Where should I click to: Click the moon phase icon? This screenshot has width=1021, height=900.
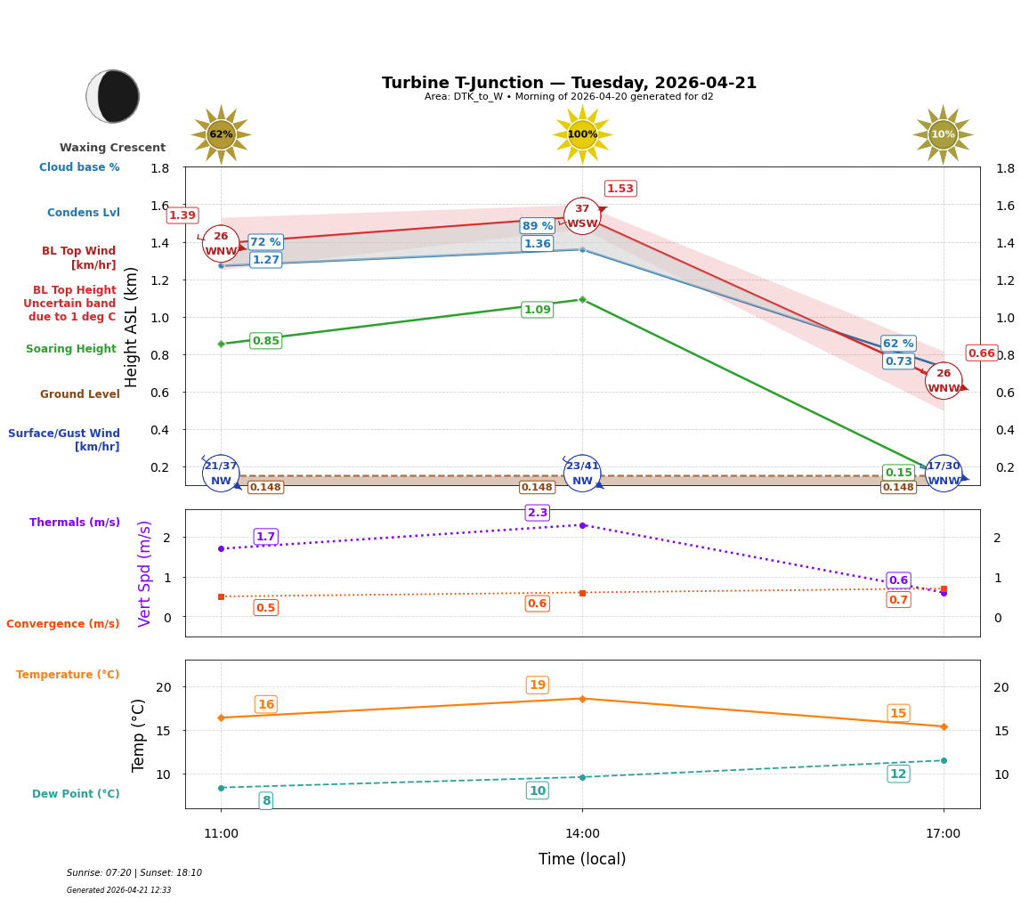[113, 96]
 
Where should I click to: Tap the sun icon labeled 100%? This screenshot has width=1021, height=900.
[582, 134]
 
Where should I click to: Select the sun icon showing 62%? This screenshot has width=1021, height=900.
[221, 134]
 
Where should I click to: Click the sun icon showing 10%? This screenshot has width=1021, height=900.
[943, 134]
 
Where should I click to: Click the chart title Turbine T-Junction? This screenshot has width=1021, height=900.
[569, 83]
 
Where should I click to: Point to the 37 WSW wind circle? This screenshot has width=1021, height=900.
[582, 216]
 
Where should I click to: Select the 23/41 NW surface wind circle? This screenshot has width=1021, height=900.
[582, 474]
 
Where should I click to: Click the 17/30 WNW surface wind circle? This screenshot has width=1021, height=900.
[944, 474]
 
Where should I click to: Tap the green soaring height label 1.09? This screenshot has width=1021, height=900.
[538, 310]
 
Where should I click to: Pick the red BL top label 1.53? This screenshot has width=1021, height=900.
[620, 189]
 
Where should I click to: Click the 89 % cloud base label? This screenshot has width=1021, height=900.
[538, 226]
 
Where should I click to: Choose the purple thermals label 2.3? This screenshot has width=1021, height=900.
[538, 513]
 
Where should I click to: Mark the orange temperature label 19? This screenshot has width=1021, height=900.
[538, 685]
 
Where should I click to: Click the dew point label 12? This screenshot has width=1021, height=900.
[898, 774]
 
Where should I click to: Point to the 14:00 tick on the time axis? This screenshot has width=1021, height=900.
[582, 834]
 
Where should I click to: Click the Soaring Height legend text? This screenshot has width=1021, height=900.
[71, 349]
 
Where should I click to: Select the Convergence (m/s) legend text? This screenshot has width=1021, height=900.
[63, 624]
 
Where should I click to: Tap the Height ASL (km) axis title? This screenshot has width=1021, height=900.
[132, 327]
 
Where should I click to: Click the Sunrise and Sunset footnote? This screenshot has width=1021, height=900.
[134, 873]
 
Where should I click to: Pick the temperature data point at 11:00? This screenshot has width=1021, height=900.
[221, 718]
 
